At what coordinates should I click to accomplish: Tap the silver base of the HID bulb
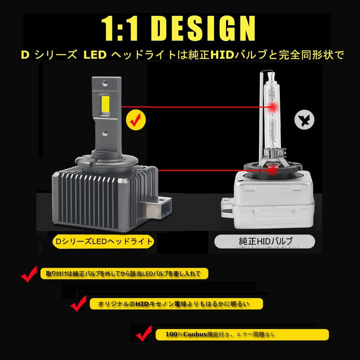point(270,202)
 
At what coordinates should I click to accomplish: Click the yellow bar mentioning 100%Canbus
point(242,335)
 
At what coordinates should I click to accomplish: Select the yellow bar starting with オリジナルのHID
point(176,304)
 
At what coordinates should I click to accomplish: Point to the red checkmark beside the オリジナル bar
point(78,304)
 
